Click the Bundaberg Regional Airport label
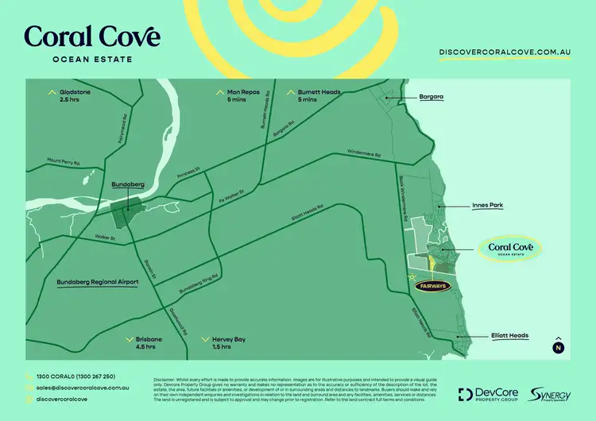coord(98,282)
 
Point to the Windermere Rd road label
coord(363,155)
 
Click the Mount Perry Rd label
coord(64,161)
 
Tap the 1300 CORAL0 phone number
coord(75,376)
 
